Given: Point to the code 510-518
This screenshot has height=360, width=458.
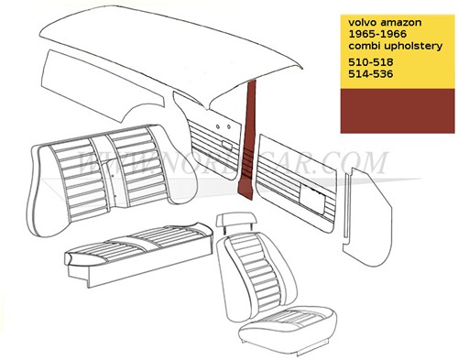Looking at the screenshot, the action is tap(364, 61).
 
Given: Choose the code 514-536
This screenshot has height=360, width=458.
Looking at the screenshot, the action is tap(364, 73).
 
